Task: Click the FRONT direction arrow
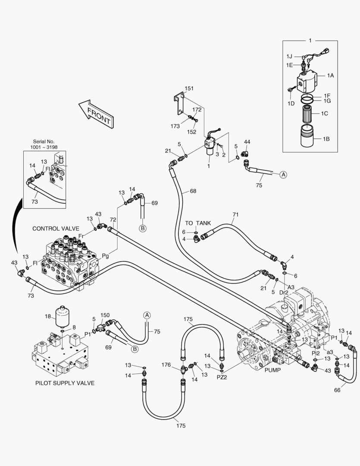pyautogui.click(x=97, y=114)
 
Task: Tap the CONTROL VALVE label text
pyautogui.click(x=56, y=229)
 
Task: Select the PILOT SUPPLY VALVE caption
pyautogui.click(x=65, y=383)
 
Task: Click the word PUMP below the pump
pyautogui.click(x=272, y=370)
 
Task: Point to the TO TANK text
pyautogui.click(x=198, y=223)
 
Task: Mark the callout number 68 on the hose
pyautogui.click(x=193, y=191)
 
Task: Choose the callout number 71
pyautogui.click(x=235, y=214)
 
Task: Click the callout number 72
pyautogui.click(x=113, y=220)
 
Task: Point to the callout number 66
pyautogui.click(x=337, y=390)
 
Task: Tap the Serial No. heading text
pyautogui.click(x=44, y=142)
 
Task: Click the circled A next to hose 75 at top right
pyautogui.click(x=283, y=175)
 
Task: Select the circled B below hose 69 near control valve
pyautogui.click(x=143, y=229)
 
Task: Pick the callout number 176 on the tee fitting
pyautogui.click(x=166, y=365)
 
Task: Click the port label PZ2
pyautogui.click(x=222, y=378)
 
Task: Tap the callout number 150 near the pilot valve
pyautogui.click(x=105, y=315)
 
